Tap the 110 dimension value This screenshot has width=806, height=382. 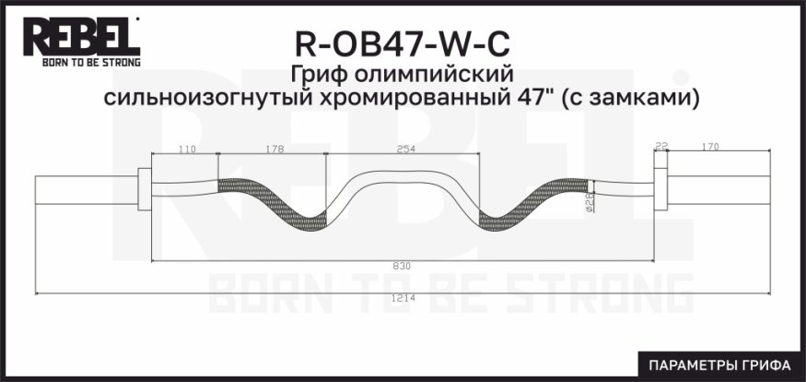(x=187, y=148)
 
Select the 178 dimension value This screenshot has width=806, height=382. (x=273, y=148)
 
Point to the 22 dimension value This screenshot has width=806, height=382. (x=660, y=145)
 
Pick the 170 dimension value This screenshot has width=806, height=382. (x=710, y=145)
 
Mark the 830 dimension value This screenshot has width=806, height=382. (x=402, y=266)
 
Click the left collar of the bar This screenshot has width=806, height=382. (x=144, y=190)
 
